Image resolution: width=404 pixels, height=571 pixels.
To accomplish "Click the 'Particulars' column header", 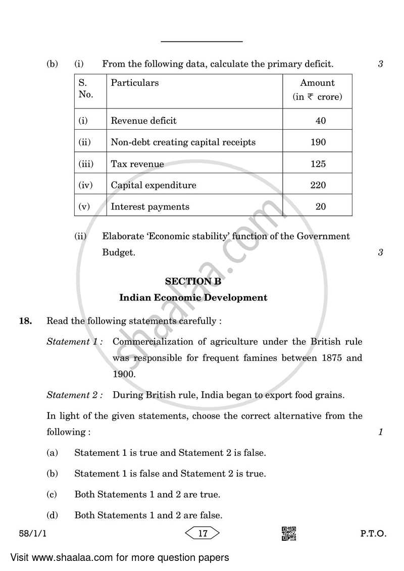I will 135,83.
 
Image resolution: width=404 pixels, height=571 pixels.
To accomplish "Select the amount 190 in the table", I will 318,142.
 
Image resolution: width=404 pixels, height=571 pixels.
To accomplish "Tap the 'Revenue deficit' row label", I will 143,121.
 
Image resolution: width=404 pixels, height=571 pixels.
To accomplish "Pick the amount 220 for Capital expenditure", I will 318,185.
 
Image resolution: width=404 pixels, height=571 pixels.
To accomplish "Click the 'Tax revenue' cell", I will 137,164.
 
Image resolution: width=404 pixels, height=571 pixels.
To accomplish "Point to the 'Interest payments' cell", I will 150,206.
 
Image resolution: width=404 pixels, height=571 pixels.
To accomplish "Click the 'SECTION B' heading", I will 193,282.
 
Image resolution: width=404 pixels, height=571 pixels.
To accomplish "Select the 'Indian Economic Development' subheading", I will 193,297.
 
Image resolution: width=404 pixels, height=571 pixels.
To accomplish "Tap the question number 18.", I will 25,321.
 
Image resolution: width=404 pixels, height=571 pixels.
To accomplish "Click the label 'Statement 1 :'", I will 75,342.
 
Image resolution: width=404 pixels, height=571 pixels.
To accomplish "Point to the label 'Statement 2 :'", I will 75,395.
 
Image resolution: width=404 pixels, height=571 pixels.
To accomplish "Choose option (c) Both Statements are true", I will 147,494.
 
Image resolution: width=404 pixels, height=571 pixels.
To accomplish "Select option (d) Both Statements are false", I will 148,515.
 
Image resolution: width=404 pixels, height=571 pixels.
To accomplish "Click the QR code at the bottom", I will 289,534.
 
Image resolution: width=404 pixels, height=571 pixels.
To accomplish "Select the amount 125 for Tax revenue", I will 318,164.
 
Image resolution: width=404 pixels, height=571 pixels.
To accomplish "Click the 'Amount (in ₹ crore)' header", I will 317,90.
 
